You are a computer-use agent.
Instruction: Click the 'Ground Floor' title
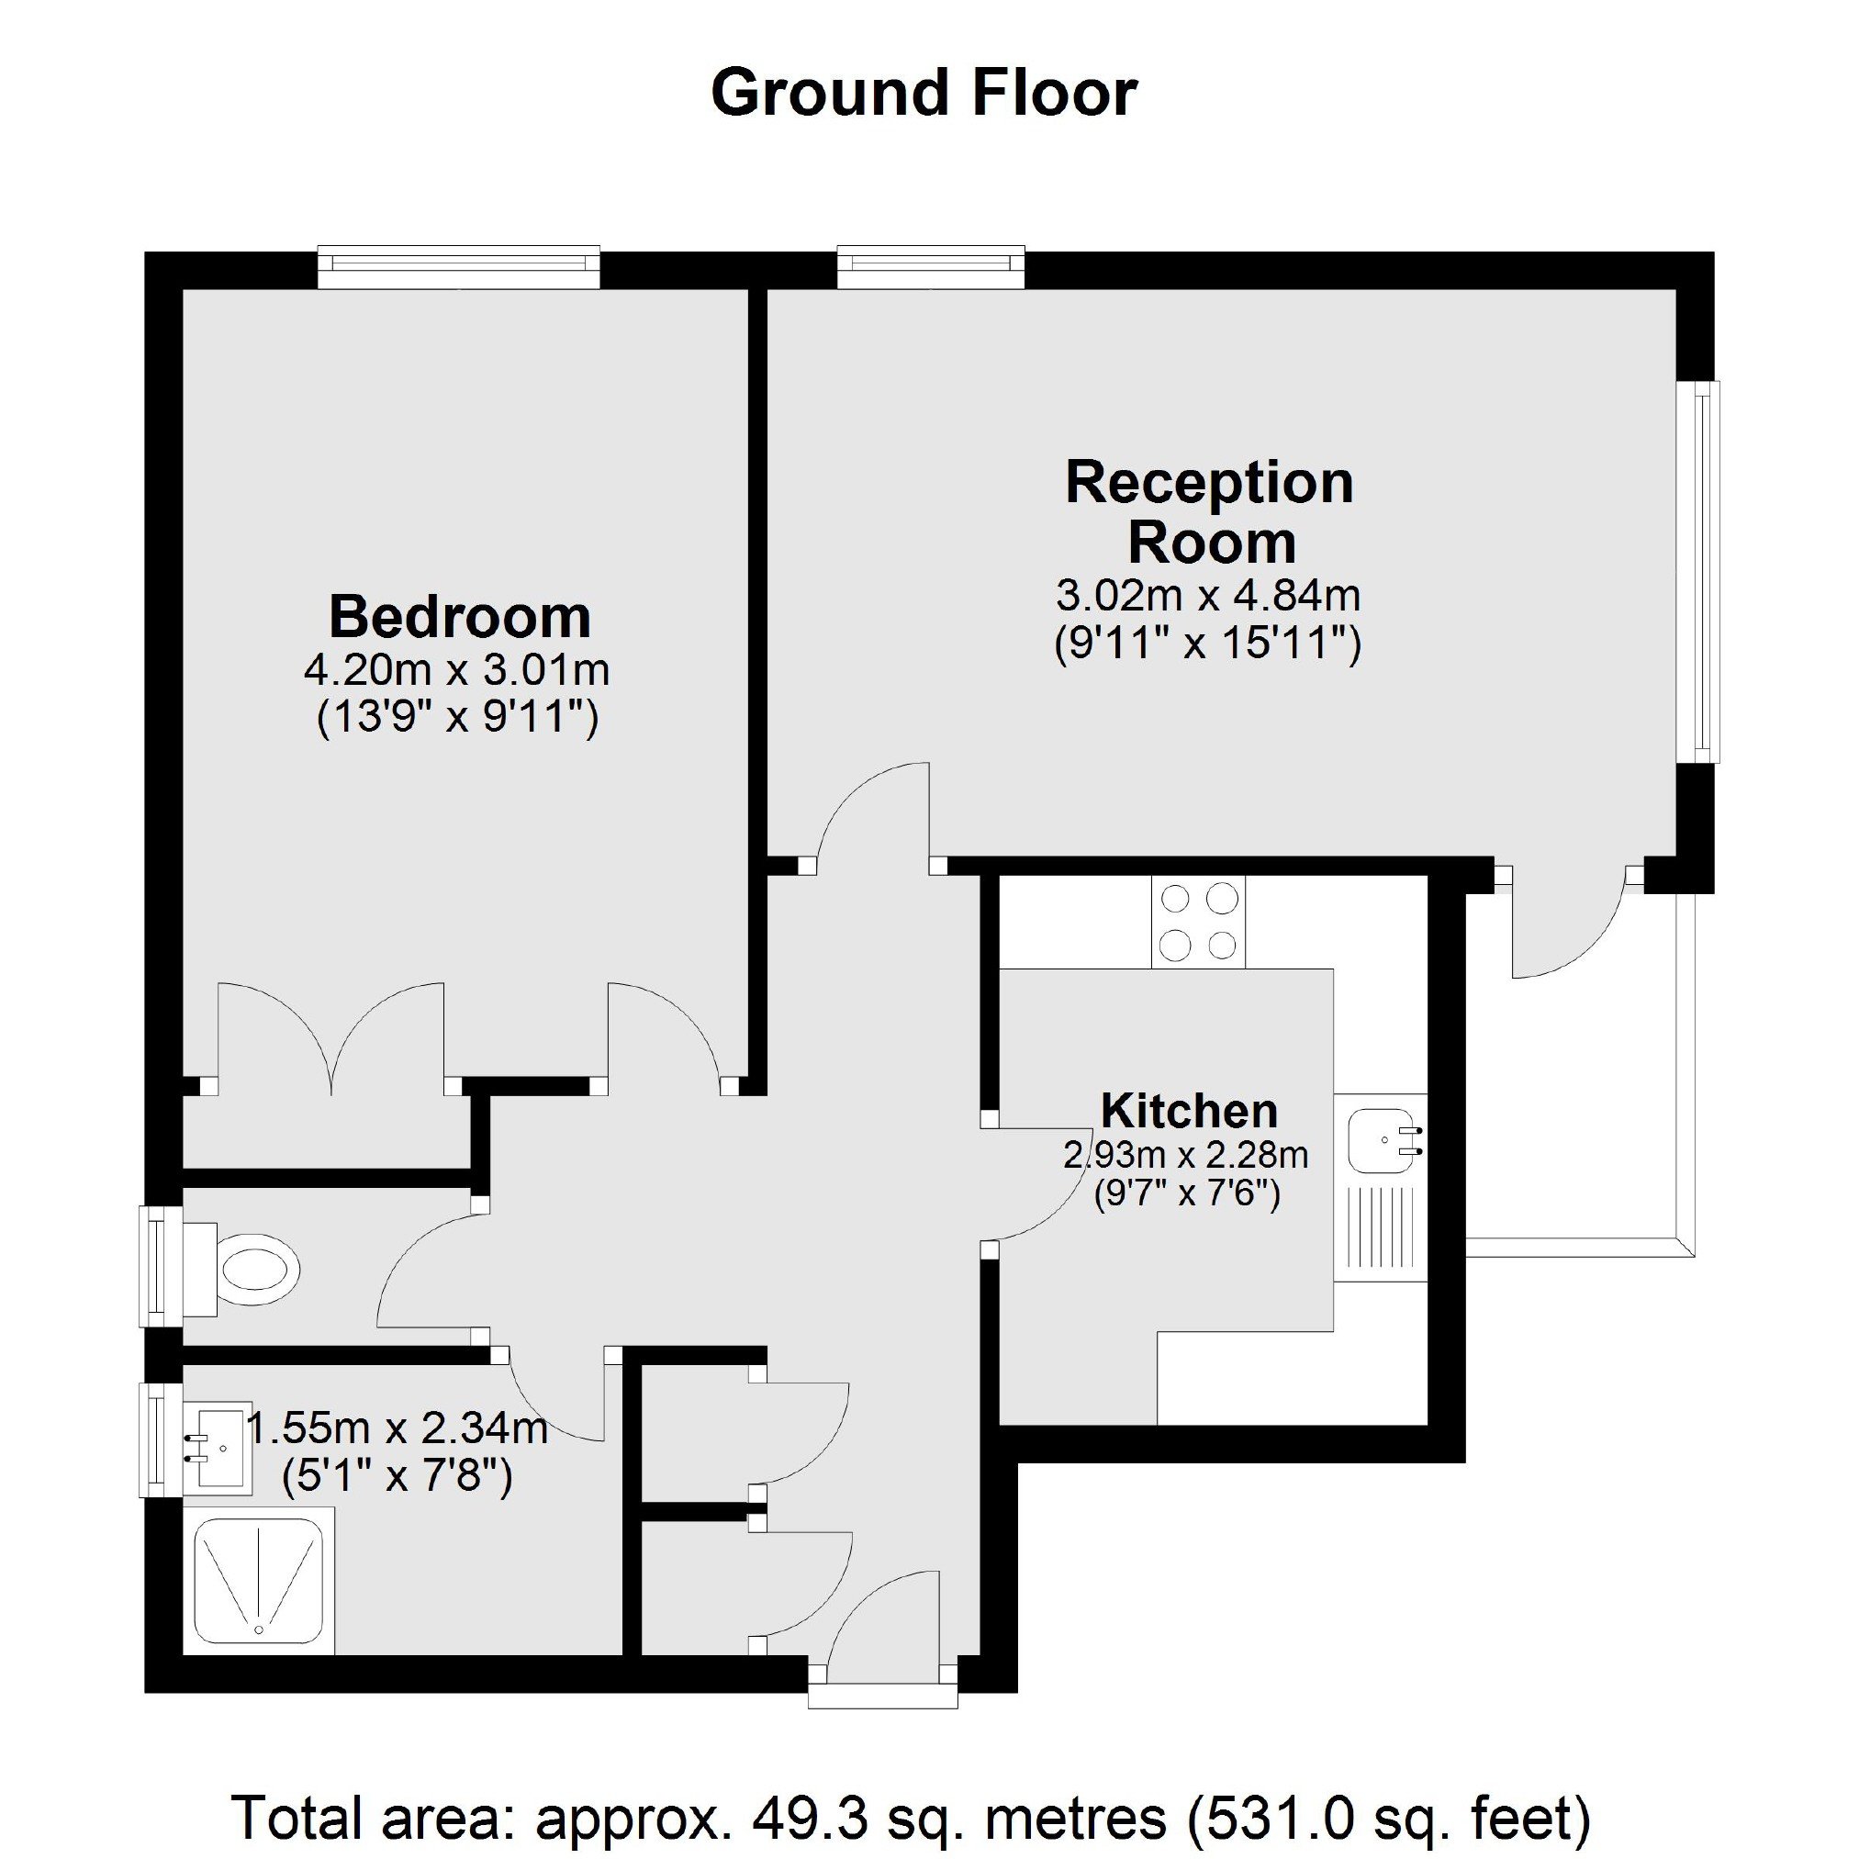pyautogui.click(x=924, y=95)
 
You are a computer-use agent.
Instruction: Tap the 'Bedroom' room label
pyautogui.click(x=460, y=617)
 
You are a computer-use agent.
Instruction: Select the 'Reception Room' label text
pyautogui.click(x=1210, y=512)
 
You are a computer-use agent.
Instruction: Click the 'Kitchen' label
pyautogui.click(x=1189, y=1112)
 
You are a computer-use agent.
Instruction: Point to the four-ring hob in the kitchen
pyautogui.click(x=1198, y=922)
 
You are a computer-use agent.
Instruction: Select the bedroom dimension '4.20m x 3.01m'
pyautogui.click(x=457, y=670)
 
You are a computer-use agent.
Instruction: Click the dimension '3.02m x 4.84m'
pyautogui.click(x=1208, y=596)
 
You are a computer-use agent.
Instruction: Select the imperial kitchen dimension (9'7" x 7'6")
pyautogui.click(x=1187, y=1194)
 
